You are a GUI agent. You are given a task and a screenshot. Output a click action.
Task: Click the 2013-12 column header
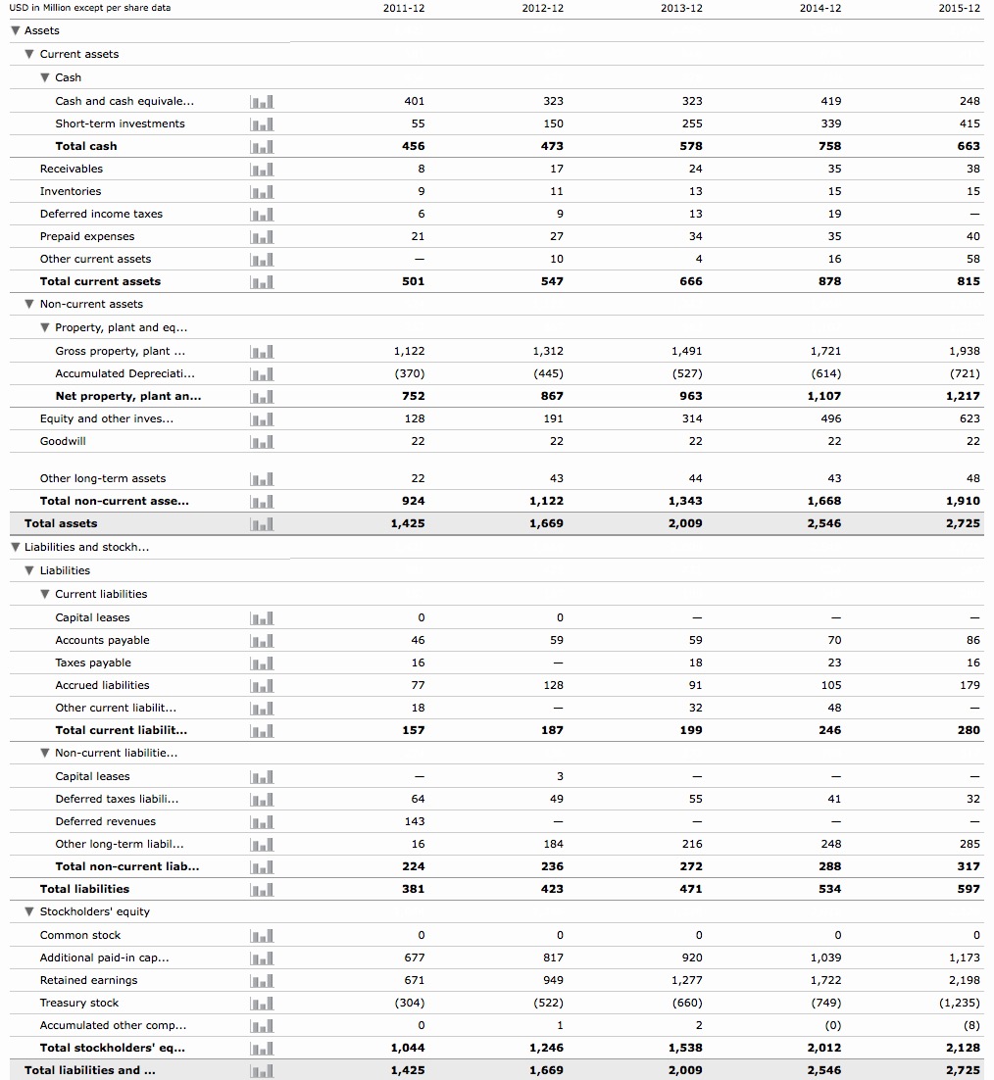681,8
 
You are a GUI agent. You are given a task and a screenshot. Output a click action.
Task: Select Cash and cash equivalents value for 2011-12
414,101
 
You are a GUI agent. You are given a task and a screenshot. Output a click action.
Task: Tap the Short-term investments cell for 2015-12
969,123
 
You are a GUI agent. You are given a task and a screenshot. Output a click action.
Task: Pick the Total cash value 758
830,146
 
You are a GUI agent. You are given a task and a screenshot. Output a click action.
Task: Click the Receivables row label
71,169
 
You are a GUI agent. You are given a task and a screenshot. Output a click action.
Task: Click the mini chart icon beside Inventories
262,191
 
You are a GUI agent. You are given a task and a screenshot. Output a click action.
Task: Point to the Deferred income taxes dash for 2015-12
973,214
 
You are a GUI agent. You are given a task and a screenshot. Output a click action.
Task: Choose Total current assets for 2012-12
553,281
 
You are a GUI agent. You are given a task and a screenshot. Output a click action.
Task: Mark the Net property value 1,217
963,396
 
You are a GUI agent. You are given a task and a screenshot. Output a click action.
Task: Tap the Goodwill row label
63,441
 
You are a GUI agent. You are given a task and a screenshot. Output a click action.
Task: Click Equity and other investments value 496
830,418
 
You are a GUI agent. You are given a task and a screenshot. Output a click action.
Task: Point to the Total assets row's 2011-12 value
408,523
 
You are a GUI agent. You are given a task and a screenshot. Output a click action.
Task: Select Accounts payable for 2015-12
972,640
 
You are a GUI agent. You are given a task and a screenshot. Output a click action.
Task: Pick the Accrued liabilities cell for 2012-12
553,685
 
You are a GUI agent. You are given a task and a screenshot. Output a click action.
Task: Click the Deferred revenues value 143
415,821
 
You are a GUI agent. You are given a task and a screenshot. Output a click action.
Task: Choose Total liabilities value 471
691,889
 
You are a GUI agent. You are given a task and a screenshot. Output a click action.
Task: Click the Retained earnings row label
88,980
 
